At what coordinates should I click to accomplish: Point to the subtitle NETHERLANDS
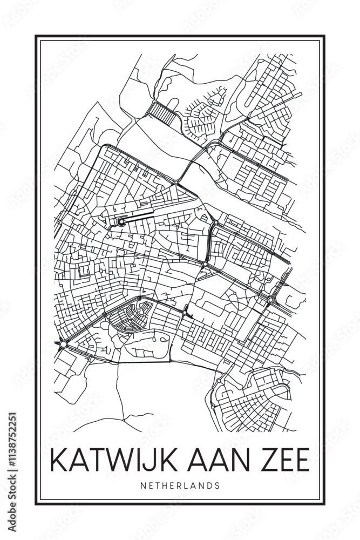pos(180,485)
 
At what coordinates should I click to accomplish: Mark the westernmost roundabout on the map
pos(63,344)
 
